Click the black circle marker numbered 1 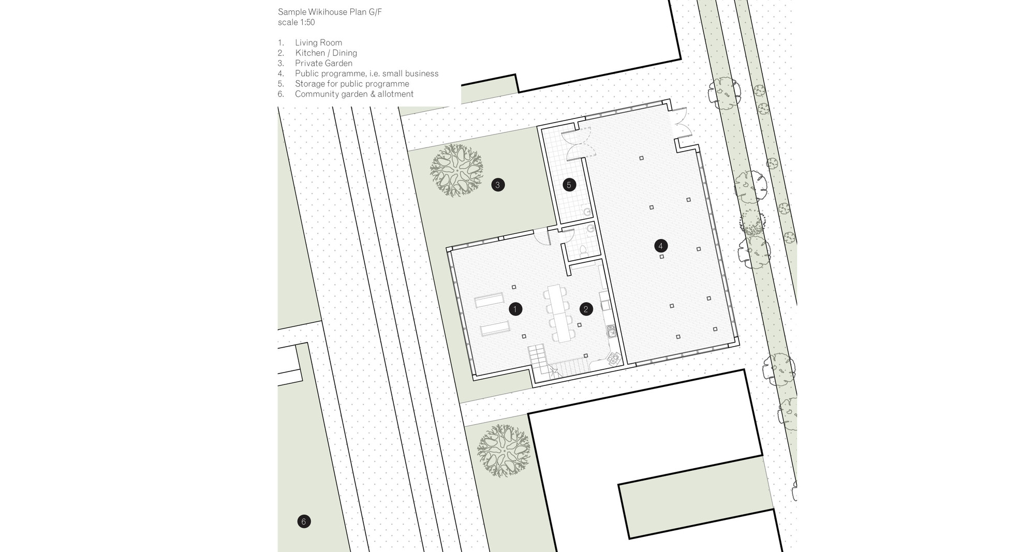tap(515, 309)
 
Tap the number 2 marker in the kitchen tap(586, 309)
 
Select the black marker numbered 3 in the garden tap(498, 185)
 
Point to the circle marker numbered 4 tap(660, 246)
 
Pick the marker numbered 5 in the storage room tap(569, 185)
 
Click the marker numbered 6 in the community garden tap(304, 521)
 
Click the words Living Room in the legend tap(318, 42)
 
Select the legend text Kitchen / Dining tap(326, 53)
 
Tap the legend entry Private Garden tap(323, 63)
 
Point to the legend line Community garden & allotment tap(354, 94)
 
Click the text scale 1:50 tap(297, 22)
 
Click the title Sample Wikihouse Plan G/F tap(330, 12)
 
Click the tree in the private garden tap(456, 170)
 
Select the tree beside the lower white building tap(504, 450)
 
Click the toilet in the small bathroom tap(583, 250)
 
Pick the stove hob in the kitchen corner tap(614, 358)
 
